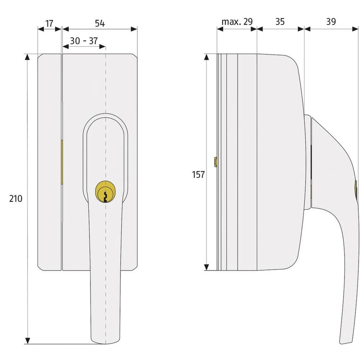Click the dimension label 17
[x=49, y=23]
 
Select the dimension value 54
[x=100, y=23]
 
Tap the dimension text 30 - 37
[x=84, y=41]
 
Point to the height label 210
[x=15, y=198]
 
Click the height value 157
[x=198, y=175]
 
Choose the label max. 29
[x=237, y=22]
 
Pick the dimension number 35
[x=280, y=22]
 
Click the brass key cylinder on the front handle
[x=105, y=191]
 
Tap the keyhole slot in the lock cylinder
[x=105, y=196]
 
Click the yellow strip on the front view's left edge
[x=62, y=162]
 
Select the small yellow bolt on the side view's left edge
[x=215, y=162]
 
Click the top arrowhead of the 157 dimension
[x=207, y=57]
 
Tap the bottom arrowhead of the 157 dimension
[x=207, y=267]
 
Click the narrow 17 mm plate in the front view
[x=50, y=162]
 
